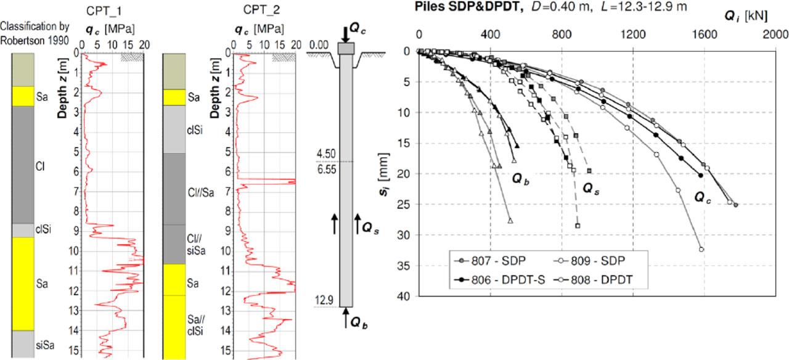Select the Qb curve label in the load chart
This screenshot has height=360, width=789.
point(521,178)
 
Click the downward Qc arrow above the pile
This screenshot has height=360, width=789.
point(345,32)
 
